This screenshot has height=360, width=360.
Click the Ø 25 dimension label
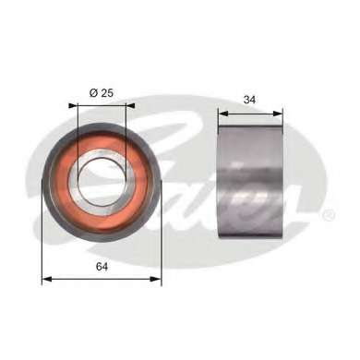pyautogui.click(x=102, y=92)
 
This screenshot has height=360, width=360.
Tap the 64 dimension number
pyautogui.click(x=102, y=267)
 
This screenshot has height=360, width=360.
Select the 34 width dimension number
pyautogui.click(x=249, y=100)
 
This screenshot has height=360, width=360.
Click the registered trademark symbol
pyautogui.click(x=328, y=214)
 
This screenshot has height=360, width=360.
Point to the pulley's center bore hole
pyautogui.click(x=101, y=182)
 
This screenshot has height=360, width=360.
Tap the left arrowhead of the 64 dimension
pyautogui.click(x=46, y=279)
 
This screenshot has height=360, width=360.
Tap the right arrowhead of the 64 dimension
pyautogui.click(x=156, y=279)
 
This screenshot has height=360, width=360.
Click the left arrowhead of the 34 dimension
pyautogui.click(x=223, y=114)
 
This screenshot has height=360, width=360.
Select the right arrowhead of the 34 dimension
pyautogui.click(x=278, y=114)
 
